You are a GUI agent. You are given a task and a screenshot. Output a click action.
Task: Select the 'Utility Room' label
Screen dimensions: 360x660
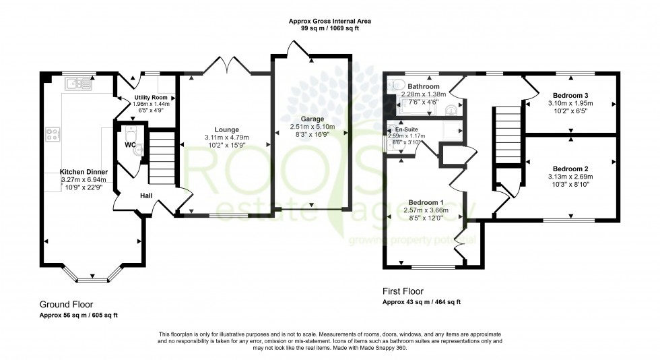[x=150, y=98]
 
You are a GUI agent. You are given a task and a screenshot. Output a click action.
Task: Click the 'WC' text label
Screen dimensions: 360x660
[x=131, y=144]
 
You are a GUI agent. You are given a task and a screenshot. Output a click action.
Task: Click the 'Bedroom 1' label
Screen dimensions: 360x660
[x=425, y=202]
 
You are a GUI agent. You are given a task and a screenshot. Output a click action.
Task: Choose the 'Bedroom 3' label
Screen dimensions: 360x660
[x=570, y=95]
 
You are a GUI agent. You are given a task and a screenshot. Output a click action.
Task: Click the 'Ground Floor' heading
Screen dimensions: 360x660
[x=66, y=304]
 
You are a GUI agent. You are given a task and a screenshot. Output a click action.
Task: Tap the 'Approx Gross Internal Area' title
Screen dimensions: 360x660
[x=330, y=21]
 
